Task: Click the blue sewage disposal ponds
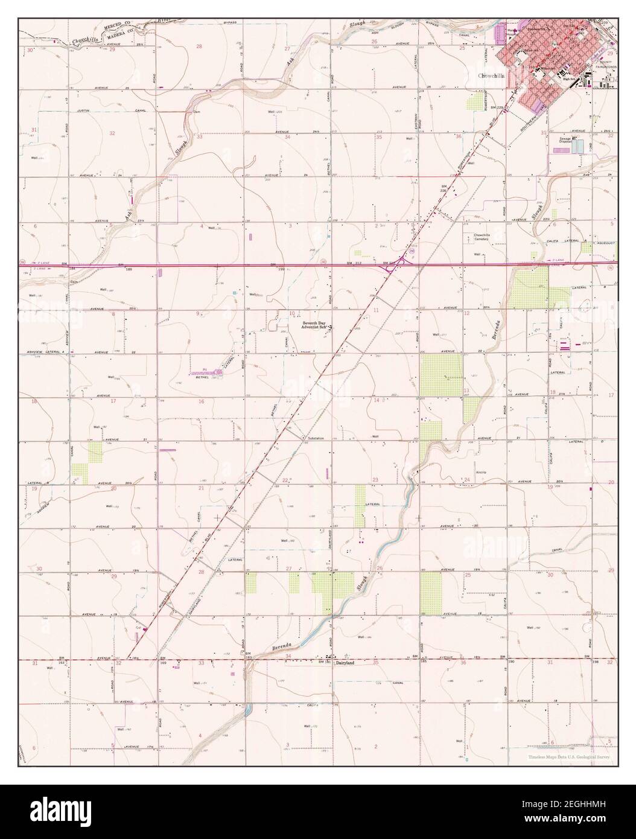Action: click(577, 145)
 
